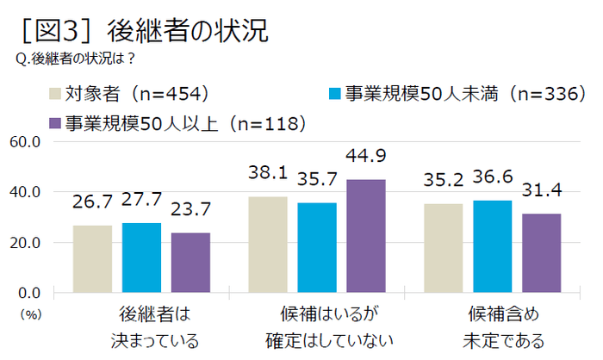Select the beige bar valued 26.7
click(92, 258)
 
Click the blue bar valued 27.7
click(141, 258)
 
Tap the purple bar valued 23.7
click(190, 263)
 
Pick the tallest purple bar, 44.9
click(366, 236)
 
